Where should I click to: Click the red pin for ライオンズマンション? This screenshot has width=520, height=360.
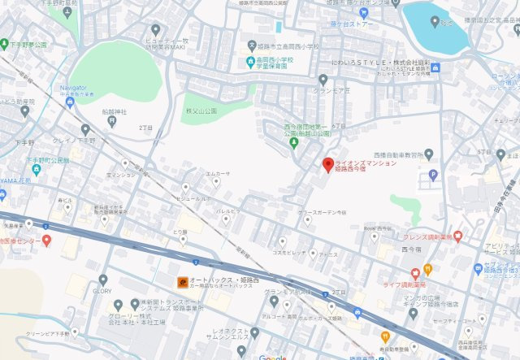[328, 165]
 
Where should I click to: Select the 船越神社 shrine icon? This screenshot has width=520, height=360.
[112, 121]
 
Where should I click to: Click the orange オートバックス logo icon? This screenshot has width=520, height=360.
[182, 282]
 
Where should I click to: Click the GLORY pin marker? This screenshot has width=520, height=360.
[103, 280]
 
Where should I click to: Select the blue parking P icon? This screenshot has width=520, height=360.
[432, 174]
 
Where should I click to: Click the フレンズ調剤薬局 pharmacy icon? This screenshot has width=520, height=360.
[457, 236]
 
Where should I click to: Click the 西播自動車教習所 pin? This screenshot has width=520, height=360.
[429, 154]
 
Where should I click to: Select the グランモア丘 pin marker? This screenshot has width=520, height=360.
[323, 79]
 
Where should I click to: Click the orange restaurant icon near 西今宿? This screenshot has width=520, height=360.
[427, 269]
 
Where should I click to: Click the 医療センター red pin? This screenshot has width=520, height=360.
[47, 240]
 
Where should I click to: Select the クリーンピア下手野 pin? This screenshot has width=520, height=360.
[75, 332]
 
